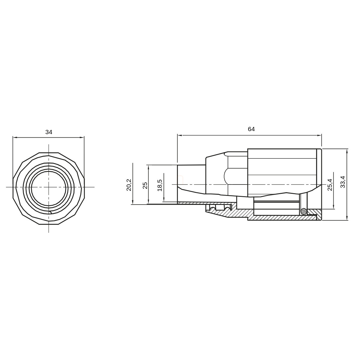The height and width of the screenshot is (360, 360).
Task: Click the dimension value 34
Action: pos(49,132)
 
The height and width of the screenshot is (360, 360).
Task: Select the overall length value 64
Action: pos(251,129)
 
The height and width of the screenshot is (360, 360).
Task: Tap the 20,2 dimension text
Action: pos(129,185)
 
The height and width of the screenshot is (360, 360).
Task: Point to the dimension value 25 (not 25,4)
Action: pos(145,185)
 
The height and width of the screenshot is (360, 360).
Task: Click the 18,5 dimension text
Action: pos(160,185)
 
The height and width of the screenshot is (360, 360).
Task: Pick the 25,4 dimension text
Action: pos(330,185)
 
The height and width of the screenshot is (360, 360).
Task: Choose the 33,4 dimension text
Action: pos(343,182)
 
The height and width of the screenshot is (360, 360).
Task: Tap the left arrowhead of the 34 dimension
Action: pos(15,137)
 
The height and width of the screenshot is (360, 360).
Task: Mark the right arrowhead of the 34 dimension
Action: pos(82,137)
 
